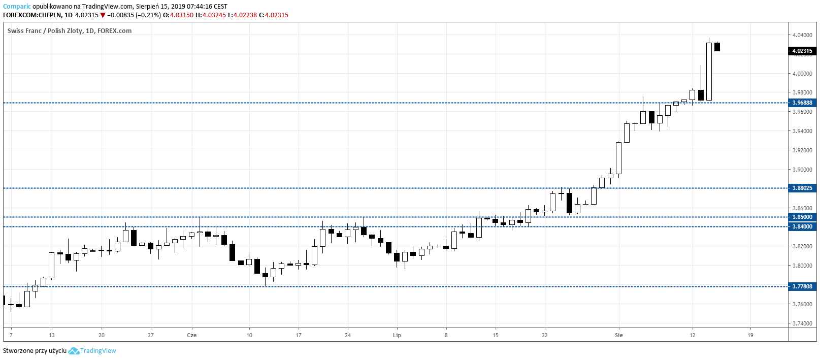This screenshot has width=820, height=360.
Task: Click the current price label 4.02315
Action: tap(802, 51)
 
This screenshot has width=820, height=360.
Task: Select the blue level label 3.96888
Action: tap(802, 103)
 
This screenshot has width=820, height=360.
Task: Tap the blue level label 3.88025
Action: tap(802, 188)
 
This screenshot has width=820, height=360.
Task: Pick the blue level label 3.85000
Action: tap(802, 217)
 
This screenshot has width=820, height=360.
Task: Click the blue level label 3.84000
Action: tap(802, 226)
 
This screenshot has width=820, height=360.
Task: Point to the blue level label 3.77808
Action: tap(802, 286)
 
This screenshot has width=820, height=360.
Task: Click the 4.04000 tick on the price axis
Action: tap(802, 35)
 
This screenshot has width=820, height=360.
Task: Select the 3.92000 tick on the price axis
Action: tap(802, 150)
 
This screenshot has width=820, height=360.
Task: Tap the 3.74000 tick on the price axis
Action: tap(802, 323)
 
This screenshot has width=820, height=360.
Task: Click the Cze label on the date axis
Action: tap(191, 335)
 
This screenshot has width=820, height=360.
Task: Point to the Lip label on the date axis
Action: tap(397, 335)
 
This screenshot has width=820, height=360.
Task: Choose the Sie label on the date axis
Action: tap(618, 335)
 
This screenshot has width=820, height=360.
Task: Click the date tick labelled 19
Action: tap(750, 335)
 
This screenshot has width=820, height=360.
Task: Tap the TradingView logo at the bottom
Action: tap(92, 351)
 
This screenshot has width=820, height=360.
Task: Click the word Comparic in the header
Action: tap(17, 7)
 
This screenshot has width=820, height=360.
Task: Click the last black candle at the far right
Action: tap(717, 47)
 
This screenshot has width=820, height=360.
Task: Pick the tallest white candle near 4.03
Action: tap(709, 71)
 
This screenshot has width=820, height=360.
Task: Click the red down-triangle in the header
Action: tap(103, 15)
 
